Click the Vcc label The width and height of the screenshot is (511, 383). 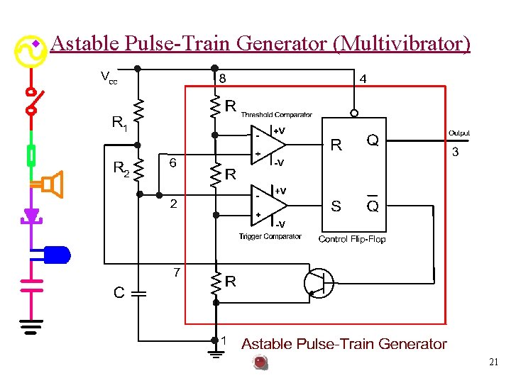click(109, 77)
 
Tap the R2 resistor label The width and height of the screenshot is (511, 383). click(121, 169)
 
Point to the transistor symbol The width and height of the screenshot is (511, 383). click(317, 283)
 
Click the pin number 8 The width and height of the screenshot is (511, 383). click(222, 78)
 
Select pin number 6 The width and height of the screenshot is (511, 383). click(172, 163)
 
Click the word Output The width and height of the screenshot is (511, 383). click(458, 133)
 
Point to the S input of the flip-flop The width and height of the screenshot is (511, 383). click(336, 206)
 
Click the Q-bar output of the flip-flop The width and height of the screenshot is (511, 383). click(372, 206)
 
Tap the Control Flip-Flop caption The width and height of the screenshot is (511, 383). click(352, 239)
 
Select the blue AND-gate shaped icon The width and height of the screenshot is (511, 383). click(55, 253)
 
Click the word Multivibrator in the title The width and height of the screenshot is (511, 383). click(404, 44)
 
